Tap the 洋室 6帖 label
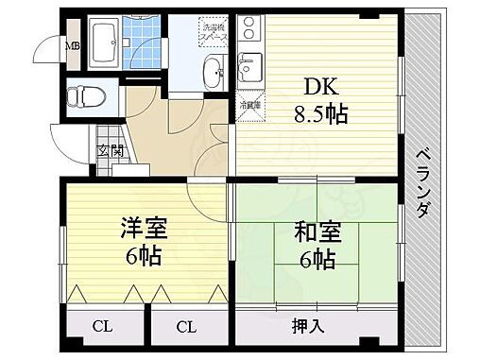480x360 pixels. click(144, 241)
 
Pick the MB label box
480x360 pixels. click(70, 45)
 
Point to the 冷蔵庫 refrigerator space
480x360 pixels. click(249, 106)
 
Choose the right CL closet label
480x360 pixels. click(187, 328)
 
